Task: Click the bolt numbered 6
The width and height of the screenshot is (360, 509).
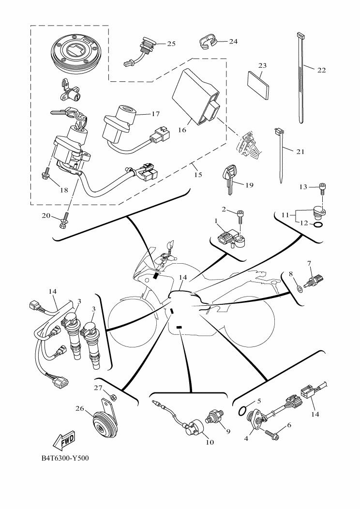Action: [x=272, y=435]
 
